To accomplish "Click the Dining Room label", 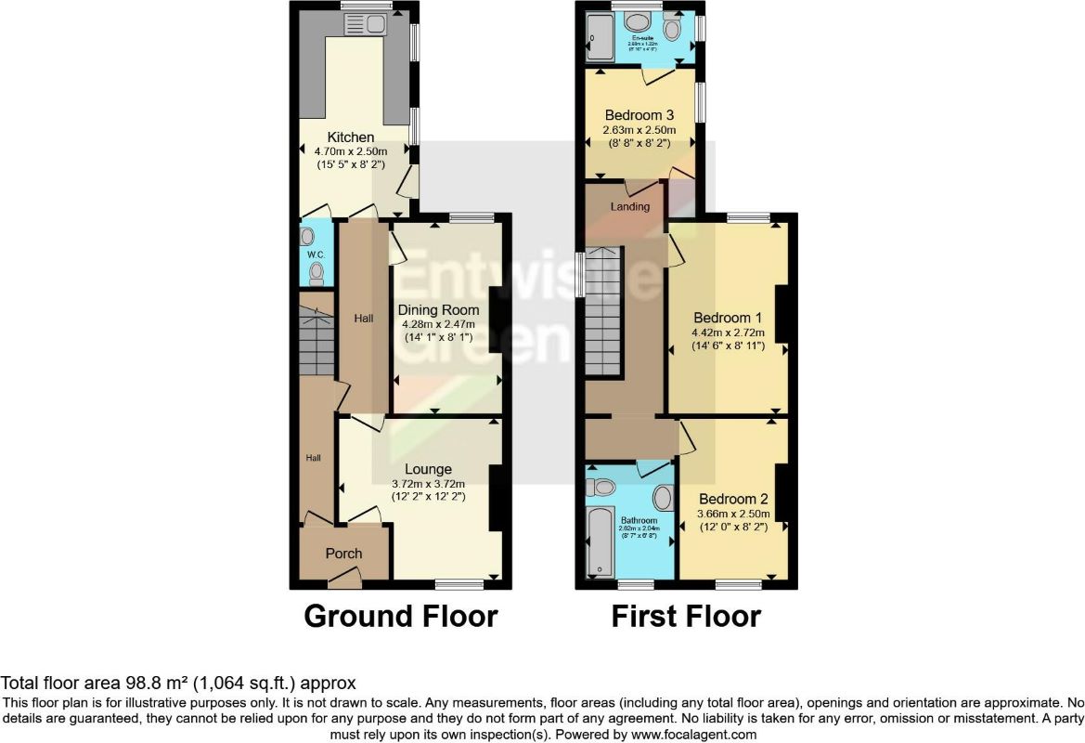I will [x=438, y=310].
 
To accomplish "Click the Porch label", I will [x=343, y=554].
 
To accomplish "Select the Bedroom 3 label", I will [x=639, y=115].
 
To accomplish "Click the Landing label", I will [x=629, y=206].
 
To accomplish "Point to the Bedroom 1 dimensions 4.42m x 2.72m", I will [x=728, y=332].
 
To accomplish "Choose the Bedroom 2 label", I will [x=733, y=499].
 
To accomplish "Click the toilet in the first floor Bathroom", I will [x=603, y=486].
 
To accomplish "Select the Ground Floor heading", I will [x=401, y=616].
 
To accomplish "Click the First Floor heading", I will [x=686, y=616].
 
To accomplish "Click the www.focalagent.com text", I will [x=686, y=734].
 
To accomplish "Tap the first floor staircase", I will [x=604, y=307].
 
